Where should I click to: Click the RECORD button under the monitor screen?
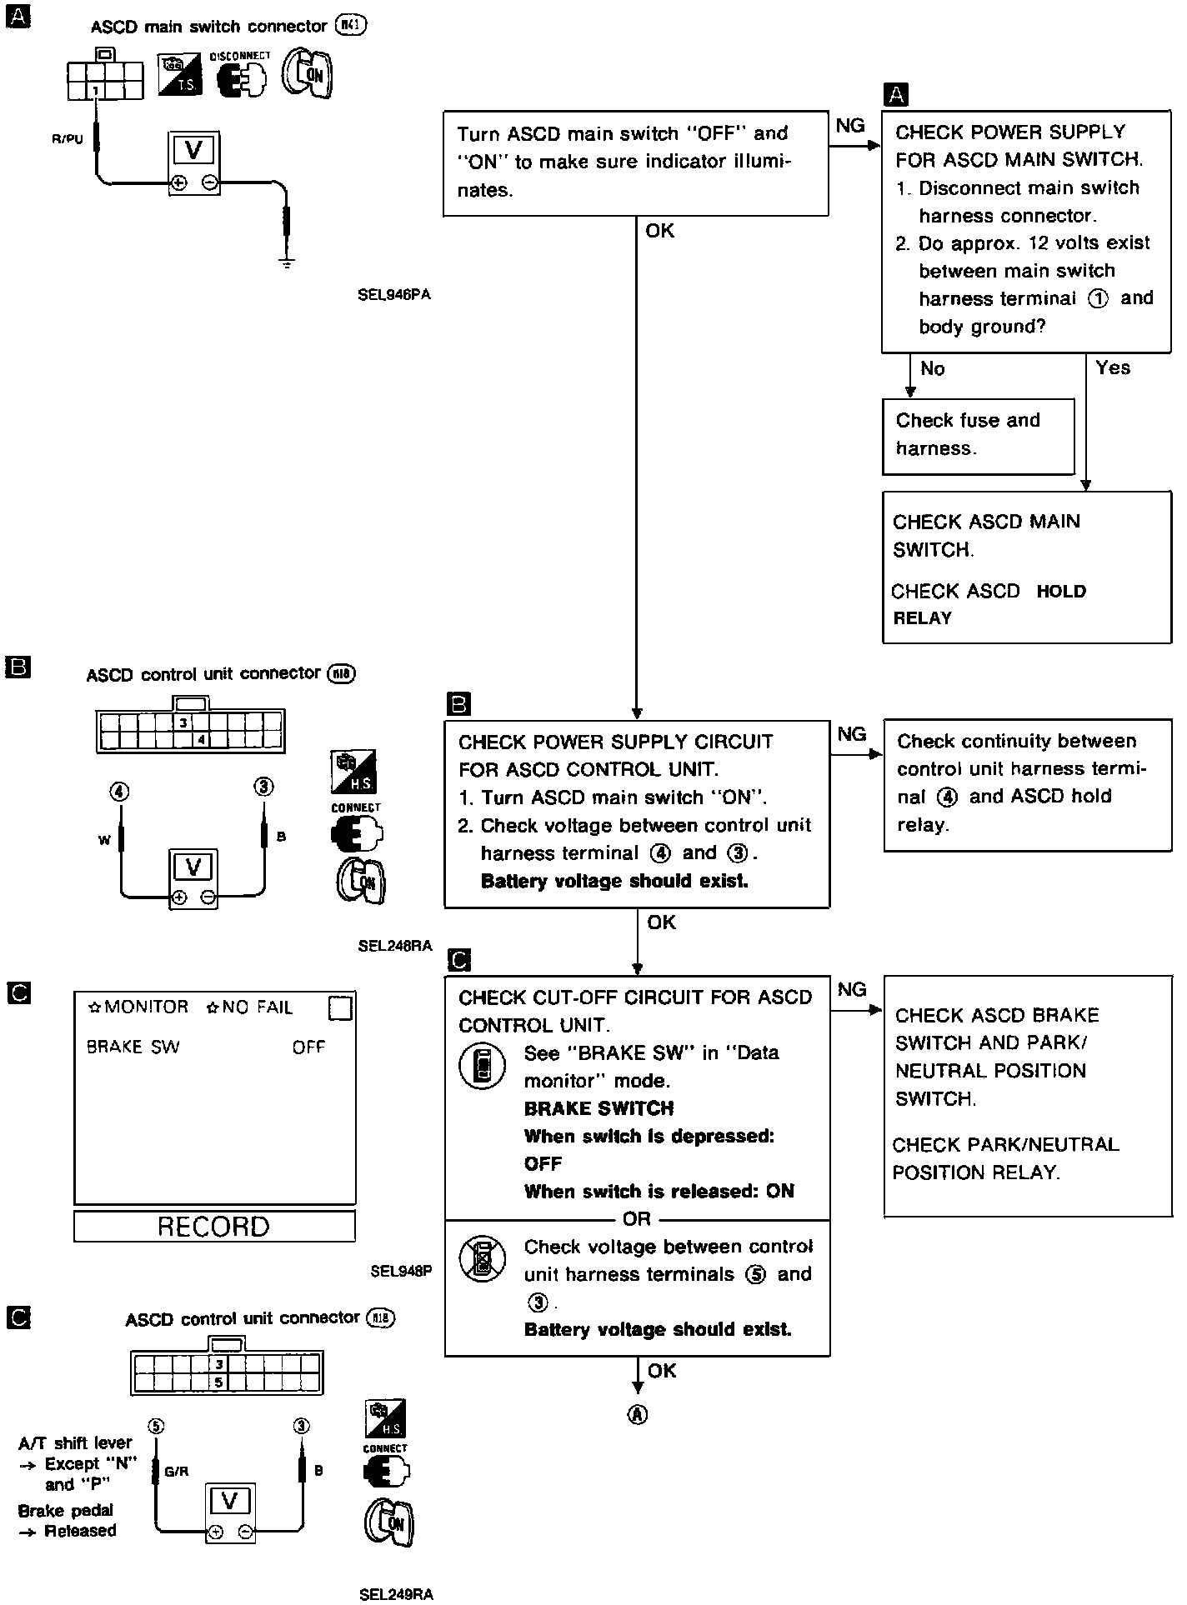tap(213, 1226)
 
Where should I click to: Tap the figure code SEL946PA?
tap(394, 294)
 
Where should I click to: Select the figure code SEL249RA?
tap(396, 1594)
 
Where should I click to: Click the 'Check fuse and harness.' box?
tap(977, 435)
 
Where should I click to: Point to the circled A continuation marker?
tap(638, 1414)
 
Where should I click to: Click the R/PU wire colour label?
tap(67, 139)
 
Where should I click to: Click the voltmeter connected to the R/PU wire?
tap(194, 162)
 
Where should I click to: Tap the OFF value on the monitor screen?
tap(308, 1047)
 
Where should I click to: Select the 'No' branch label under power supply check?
tap(932, 368)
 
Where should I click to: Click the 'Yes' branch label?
tap(1112, 367)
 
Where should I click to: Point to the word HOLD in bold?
tap(1060, 592)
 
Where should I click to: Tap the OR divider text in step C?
tap(637, 1219)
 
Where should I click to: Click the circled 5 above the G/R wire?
tap(155, 1427)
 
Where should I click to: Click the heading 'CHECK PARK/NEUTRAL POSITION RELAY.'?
tap(1004, 1158)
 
